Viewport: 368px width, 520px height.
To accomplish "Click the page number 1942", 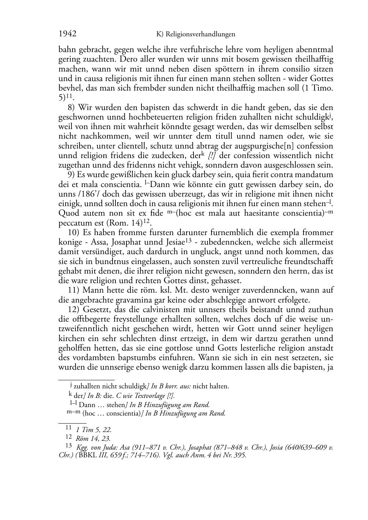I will pos(67,34).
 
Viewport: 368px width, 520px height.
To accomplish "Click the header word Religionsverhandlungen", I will pos(200,34).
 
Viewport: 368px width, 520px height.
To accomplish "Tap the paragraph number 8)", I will pos(72,108).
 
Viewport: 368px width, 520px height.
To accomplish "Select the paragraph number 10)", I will pos(74,232).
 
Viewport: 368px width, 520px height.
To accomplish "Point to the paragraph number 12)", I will pos(74,310).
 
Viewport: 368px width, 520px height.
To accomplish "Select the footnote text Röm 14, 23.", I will pos(93,438).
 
